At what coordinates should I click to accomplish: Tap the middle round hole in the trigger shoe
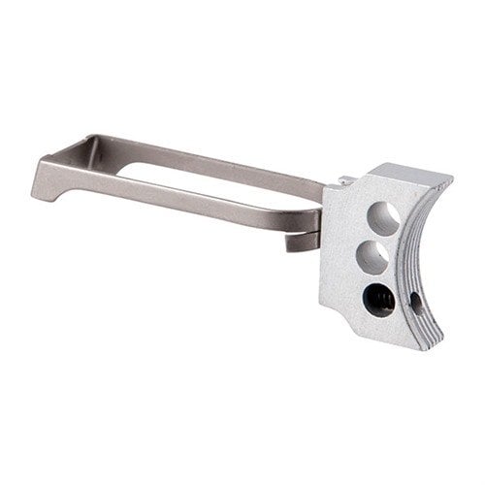tap(372, 257)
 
